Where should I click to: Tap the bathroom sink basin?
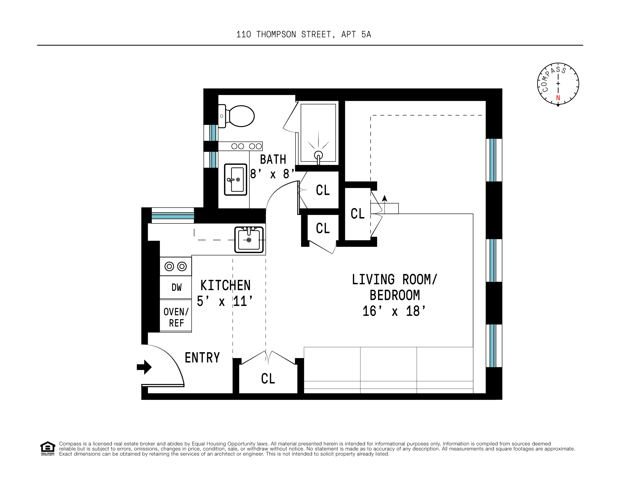pos(236,180)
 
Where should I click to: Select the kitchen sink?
pos(249,240)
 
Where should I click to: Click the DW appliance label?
pos(176,287)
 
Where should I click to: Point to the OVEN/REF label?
pos(176,317)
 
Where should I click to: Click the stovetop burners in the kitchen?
pos(176,266)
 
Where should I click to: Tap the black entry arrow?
pos(144,367)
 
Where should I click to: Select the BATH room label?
pos(273,159)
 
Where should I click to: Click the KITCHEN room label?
pos(226,285)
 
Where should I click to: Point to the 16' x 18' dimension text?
pos(394,311)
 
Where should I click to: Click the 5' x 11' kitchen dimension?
pos(225,301)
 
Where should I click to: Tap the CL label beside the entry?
pos(268,379)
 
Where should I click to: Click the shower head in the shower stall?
pos(319,156)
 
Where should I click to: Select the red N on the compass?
pos(558,98)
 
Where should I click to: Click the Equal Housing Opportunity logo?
pos(48,448)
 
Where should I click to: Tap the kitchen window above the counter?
pos(173,215)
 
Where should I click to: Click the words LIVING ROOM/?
pos(395,280)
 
